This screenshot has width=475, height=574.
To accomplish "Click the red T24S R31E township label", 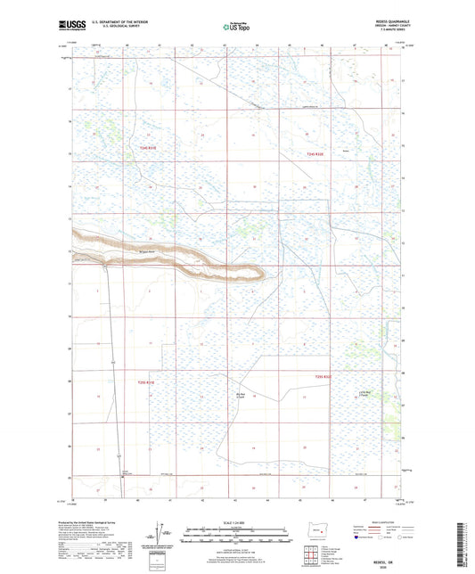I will (x=147, y=148).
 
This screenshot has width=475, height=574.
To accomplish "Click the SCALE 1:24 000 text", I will (x=237, y=522).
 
